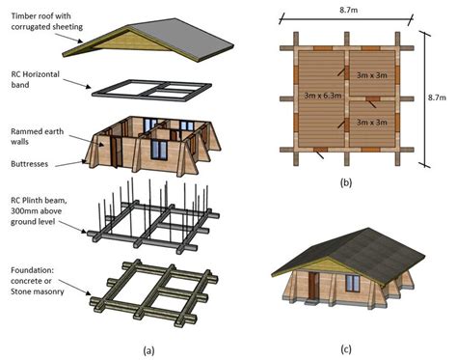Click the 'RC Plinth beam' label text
[x=40, y=206]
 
